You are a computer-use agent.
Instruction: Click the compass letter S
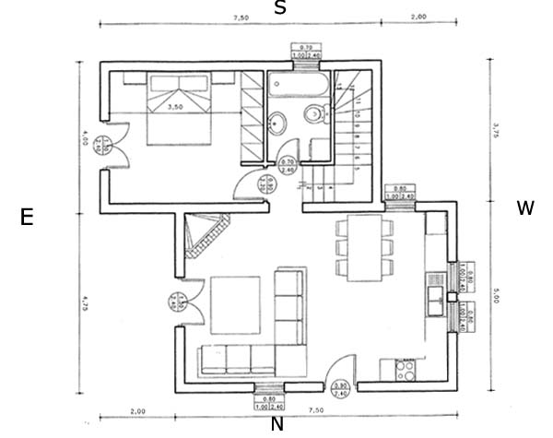(x=280, y=8)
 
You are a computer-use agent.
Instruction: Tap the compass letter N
(x=276, y=424)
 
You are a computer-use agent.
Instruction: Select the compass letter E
(x=27, y=218)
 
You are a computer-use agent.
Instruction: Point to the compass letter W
(x=525, y=208)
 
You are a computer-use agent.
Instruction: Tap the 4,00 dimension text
(x=84, y=137)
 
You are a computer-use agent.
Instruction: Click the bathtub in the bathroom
(x=297, y=86)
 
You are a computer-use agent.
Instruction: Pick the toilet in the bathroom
(x=316, y=116)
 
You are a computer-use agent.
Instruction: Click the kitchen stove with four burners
(x=404, y=371)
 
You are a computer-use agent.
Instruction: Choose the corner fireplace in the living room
(x=204, y=232)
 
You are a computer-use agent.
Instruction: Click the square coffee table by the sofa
(x=235, y=305)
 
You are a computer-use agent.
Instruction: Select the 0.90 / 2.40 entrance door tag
(x=340, y=389)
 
